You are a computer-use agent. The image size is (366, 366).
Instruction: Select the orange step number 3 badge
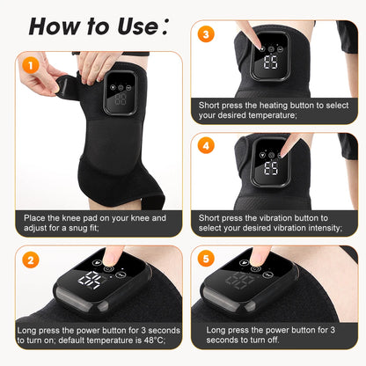pyautogui.click(x=205, y=35)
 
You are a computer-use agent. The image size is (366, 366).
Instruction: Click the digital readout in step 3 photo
pyautogui.click(x=271, y=63)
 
